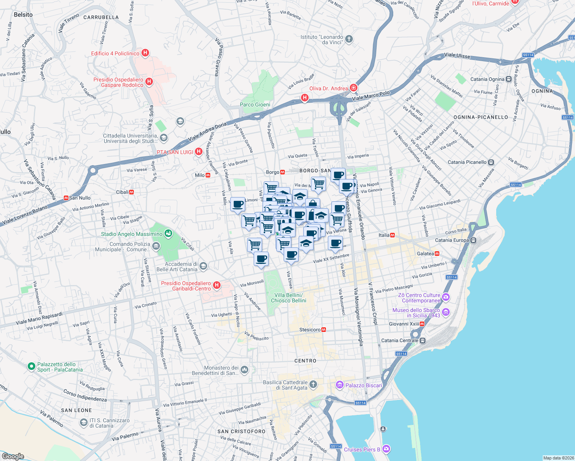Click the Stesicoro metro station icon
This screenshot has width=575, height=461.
[324, 330]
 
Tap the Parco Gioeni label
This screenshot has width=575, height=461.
[255, 104]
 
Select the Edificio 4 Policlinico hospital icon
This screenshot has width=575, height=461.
[145, 53]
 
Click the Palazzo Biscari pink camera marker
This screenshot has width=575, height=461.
[339, 385]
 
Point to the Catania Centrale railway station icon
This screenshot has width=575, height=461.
[423, 340]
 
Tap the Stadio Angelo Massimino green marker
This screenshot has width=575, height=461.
[168, 234]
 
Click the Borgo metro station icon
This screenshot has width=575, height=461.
[283, 172]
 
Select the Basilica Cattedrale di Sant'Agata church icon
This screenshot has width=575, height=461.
[313, 384]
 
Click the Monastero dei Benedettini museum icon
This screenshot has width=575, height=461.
[244, 370]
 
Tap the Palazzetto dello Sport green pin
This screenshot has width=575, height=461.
[32, 366]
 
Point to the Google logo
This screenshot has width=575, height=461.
[13, 456]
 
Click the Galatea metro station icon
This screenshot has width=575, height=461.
[437, 254]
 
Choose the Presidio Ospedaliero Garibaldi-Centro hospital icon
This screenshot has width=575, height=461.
[217, 285]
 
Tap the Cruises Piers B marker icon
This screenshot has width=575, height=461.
[386, 449]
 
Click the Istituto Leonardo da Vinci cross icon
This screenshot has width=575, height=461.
[349, 39]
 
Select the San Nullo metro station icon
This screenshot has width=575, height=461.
[66, 198]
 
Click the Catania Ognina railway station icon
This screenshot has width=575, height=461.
[509, 79]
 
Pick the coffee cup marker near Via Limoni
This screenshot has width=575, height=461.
[238, 204]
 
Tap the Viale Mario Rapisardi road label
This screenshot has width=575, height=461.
[39, 318]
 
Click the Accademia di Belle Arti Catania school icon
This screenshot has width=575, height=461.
[203, 266]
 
